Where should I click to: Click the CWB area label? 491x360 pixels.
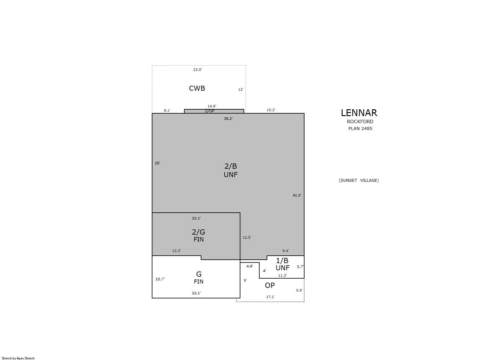point(197,88)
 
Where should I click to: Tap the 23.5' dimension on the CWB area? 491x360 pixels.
point(198,70)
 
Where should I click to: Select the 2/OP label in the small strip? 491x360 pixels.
point(209,111)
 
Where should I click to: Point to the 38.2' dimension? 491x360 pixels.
point(228,119)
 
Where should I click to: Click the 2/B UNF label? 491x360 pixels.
point(230,170)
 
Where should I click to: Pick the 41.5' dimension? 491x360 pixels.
point(297,195)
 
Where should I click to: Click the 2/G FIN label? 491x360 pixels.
point(199,235)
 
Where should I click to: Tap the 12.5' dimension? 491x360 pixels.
point(247,237)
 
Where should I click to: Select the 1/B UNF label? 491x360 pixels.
point(283,264)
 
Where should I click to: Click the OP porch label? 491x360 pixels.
point(270,285)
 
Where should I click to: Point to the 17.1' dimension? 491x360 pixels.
point(270,297)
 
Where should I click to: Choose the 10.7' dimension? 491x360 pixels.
point(160,279)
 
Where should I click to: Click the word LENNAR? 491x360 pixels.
point(359,113)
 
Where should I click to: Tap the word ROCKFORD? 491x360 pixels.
point(360,122)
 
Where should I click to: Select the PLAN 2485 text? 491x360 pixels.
point(360,128)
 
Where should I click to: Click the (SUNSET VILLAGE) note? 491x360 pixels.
point(359,180)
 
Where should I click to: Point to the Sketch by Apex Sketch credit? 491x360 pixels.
point(18,358)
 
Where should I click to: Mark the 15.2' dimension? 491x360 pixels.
point(271,110)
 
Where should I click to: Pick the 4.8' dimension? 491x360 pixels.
point(250,266)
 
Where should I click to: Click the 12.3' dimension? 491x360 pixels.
point(177,251)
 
